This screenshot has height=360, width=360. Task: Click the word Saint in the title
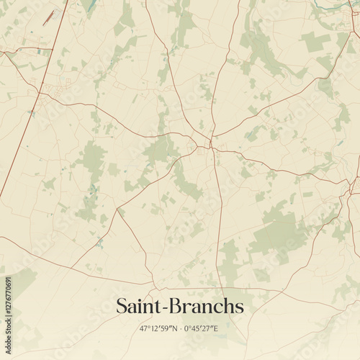tap(138, 307)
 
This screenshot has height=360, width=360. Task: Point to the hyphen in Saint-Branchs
tap(165, 308)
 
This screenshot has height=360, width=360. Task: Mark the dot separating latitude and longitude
tap(179, 328)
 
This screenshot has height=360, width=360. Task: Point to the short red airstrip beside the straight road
tap(48, 18)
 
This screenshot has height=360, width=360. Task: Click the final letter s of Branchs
tap(239, 308)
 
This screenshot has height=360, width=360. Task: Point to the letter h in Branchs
tap(228, 307)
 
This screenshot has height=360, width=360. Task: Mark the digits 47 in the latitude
tap(143, 328)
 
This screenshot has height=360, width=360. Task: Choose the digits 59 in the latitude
tap(163, 328)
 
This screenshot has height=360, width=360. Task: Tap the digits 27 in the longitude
tap(209, 328)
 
